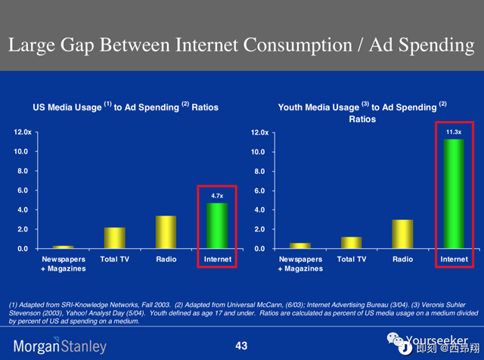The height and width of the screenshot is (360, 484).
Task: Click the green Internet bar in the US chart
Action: (x=217, y=225)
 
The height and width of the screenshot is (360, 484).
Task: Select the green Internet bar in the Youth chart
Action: (x=454, y=194)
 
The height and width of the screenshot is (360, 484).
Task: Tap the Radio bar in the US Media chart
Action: (x=166, y=232)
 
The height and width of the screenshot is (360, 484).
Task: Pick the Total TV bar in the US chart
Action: (x=115, y=238)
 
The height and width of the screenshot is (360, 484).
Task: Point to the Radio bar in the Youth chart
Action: (x=403, y=234)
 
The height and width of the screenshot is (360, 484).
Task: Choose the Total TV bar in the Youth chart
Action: (x=352, y=243)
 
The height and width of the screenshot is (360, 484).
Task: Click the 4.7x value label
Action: (x=217, y=196)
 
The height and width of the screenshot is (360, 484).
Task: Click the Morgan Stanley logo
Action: (x=57, y=347)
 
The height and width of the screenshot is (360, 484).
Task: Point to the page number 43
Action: (x=241, y=346)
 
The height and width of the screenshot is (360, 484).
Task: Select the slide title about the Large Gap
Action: (x=241, y=45)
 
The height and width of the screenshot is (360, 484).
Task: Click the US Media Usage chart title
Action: (x=126, y=107)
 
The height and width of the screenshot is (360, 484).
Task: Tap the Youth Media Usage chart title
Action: (x=362, y=112)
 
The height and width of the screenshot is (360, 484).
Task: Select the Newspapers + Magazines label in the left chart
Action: (x=64, y=263)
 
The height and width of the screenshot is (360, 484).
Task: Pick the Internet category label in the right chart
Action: (x=454, y=259)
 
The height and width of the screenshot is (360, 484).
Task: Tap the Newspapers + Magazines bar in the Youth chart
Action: (x=300, y=245)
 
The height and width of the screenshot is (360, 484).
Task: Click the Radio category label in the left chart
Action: (x=166, y=259)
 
